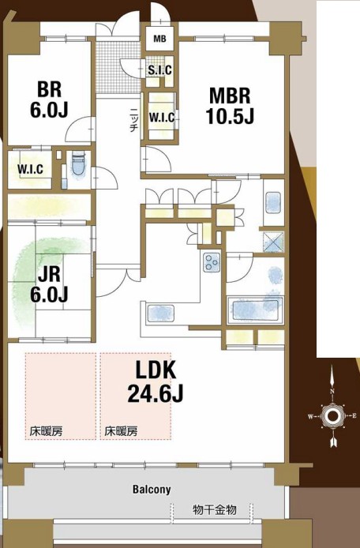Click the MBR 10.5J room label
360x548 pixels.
pos(230,106)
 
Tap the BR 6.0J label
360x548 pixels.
pos(49,99)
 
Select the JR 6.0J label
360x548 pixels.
pos(49,284)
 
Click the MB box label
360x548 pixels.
pos(159,39)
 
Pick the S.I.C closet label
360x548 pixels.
pos(159,70)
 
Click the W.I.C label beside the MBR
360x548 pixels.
pos(162,118)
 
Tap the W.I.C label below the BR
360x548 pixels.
pos(31,170)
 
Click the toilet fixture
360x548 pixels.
pos(78,165)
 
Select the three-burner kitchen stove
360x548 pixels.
pos(212,262)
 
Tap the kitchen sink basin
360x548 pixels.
pos(161,313)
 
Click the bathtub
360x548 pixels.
pos(255,310)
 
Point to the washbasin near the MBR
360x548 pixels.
pos(273,202)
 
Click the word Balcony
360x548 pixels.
pos(152,490)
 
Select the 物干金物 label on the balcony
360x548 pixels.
pos(214,510)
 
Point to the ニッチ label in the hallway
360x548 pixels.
pos(133,118)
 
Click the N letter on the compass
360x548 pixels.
pos(332,391)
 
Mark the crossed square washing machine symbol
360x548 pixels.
pos(273,242)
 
